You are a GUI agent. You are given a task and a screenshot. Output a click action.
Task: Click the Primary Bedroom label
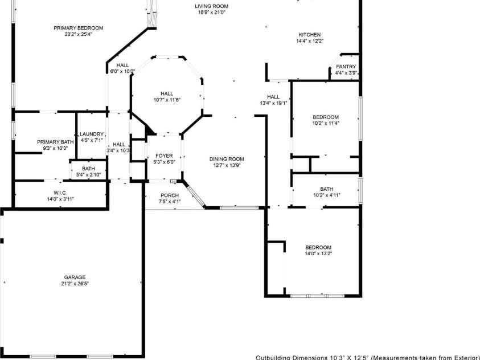78,28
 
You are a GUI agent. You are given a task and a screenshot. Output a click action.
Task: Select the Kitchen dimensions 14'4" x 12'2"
308,41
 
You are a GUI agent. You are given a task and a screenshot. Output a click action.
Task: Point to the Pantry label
346,67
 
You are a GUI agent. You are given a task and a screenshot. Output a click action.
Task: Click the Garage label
75,277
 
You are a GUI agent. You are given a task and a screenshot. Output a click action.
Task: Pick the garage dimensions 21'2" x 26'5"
75,284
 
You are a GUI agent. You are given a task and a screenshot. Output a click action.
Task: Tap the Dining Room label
227,159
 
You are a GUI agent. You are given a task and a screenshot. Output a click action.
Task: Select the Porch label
169,195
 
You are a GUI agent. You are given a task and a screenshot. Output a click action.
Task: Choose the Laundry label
92,134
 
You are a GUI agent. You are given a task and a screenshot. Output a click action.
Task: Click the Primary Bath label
55,142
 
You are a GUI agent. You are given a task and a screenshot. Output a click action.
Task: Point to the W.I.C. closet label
60,193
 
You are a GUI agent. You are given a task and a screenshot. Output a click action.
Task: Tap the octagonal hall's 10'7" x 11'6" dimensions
166,100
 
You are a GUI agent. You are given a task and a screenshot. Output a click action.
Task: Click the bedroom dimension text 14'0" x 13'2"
318,253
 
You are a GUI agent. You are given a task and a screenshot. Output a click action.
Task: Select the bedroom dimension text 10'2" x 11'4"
325,123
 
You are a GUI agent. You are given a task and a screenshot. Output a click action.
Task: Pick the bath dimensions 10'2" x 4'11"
326,195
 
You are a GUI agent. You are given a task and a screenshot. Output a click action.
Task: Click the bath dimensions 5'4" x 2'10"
88,175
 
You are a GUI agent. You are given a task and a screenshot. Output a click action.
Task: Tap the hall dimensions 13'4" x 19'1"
273,103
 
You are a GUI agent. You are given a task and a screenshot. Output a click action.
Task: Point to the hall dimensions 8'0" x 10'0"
122,71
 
